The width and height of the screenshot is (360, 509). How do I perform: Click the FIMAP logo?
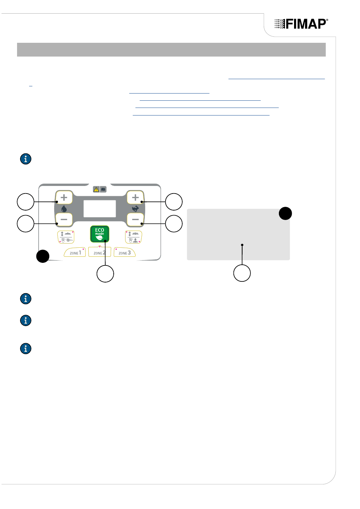(x=301, y=24)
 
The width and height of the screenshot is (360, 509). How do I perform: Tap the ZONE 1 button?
(x=75, y=252)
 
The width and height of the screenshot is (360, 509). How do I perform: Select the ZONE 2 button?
(x=99, y=252)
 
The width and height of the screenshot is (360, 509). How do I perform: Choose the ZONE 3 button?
(x=125, y=252)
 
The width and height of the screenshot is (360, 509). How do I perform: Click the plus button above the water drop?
(x=64, y=197)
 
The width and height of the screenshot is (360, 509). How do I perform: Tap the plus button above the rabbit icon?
(x=135, y=197)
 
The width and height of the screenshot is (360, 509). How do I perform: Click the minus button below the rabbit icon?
(x=135, y=220)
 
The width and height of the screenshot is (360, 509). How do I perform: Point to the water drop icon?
(x=64, y=209)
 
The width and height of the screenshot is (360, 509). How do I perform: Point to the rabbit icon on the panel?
(x=135, y=208)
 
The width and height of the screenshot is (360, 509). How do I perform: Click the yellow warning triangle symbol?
(x=96, y=189)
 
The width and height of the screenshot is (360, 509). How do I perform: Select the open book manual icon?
(x=103, y=189)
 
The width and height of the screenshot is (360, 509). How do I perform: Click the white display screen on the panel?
(x=100, y=209)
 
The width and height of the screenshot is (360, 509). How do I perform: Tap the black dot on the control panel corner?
(x=43, y=256)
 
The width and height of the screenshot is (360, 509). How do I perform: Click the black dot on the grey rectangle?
(x=285, y=213)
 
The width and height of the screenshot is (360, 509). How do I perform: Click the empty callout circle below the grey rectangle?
(x=242, y=273)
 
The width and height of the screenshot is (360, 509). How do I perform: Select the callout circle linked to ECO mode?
(x=105, y=274)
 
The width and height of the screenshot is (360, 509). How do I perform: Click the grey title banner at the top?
(x=171, y=50)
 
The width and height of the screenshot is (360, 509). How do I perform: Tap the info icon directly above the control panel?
(x=26, y=159)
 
